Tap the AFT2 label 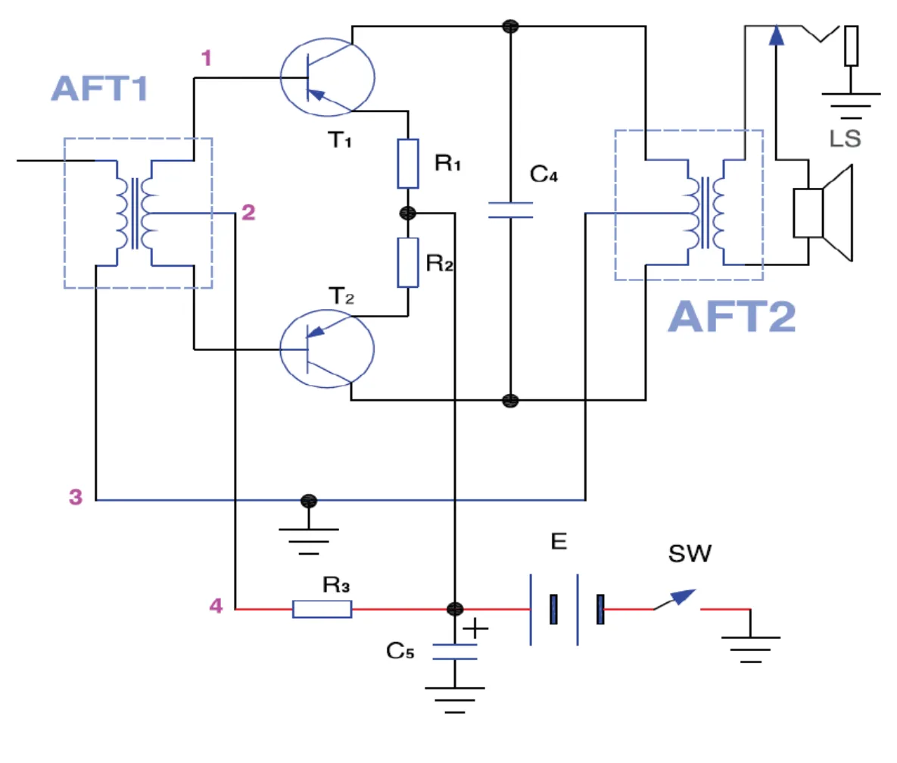pos(732,316)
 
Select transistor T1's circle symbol pos(327,38)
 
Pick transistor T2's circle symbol pos(327,310)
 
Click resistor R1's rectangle pos(408,163)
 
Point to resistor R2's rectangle pos(408,262)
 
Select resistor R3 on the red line pos(322,609)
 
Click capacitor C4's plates pos(510,210)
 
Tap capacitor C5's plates pos(455,652)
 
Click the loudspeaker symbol pos(823,212)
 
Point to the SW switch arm pos(675,599)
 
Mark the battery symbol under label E pos(566,609)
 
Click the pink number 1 pos(207,58)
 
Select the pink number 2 pos(248,212)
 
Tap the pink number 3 pos(76,496)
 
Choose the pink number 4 pos(216,605)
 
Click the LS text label pos(845,139)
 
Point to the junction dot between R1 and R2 pos(408,213)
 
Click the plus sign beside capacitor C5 pos(475,629)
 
